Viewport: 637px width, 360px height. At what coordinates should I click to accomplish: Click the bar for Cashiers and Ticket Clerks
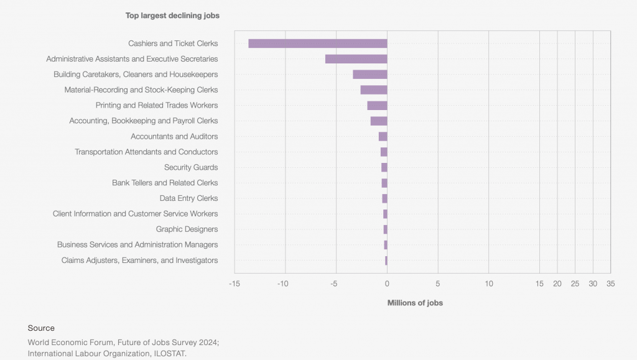tap(317, 44)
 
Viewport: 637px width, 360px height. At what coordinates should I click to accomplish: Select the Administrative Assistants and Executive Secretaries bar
tap(356, 59)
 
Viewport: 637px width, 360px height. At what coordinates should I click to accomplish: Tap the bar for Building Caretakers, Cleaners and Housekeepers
tap(370, 75)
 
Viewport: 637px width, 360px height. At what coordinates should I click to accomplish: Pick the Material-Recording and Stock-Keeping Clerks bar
tap(373, 90)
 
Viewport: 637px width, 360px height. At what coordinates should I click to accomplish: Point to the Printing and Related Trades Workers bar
tap(377, 106)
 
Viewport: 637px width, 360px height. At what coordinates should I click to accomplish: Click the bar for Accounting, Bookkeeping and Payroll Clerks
tap(378, 121)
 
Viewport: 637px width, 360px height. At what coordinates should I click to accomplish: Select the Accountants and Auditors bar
tap(383, 137)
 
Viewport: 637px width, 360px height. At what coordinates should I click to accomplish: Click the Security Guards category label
tap(191, 167)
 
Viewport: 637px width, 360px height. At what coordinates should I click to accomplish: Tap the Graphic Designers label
tap(187, 229)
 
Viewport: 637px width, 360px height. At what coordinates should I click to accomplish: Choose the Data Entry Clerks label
tap(188, 198)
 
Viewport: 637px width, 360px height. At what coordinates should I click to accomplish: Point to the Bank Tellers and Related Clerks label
tap(165, 183)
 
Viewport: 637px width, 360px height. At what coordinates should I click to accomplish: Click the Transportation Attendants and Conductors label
tap(146, 152)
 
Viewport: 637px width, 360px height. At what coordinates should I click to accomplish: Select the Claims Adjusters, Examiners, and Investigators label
tap(139, 261)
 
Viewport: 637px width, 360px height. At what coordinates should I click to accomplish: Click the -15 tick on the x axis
tap(235, 284)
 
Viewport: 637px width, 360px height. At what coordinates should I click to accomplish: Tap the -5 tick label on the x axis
tap(334, 284)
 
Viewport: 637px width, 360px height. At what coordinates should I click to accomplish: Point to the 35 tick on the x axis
tap(610, 284)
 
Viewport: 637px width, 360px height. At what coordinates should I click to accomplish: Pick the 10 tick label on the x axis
tap(489, 284)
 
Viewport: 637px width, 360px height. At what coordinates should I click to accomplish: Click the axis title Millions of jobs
tap(415, 303)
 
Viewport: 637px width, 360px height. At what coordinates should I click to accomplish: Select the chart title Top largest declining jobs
tap(172, 16)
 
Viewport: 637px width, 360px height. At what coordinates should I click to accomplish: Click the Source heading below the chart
tap(41, 328)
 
